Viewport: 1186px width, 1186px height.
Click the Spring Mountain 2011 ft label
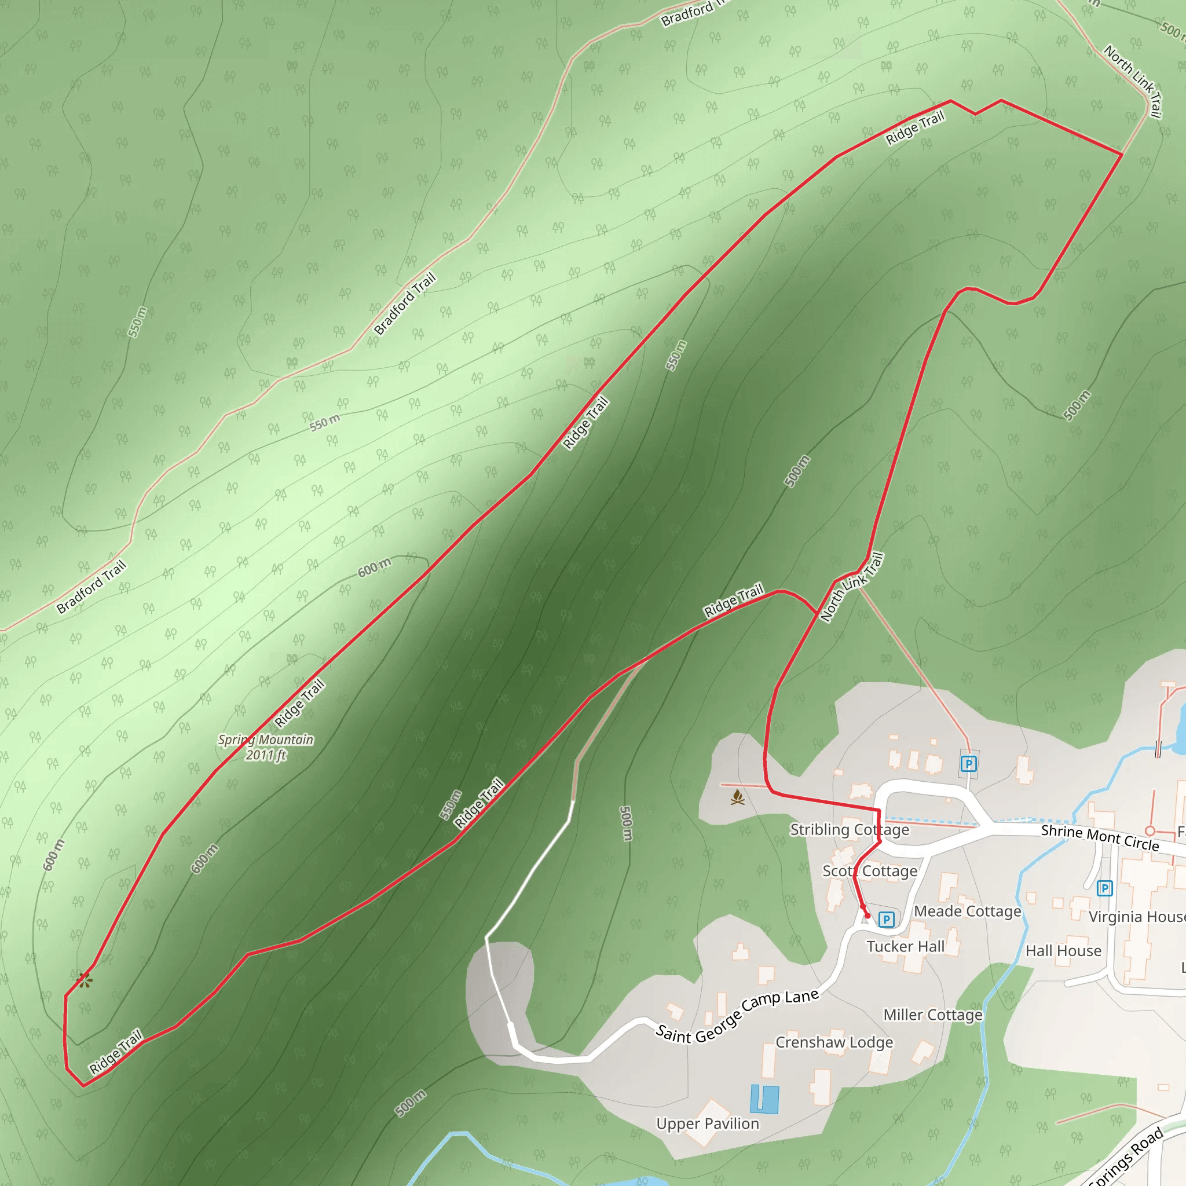(x=266, y=747)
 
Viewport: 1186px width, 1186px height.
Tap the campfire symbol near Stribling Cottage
(x=738, y=798)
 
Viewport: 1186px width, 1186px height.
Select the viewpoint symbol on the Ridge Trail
(x=85, y=980)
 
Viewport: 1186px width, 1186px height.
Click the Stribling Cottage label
(x=850, y=830)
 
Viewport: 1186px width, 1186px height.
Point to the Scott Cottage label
(x=870, y=871)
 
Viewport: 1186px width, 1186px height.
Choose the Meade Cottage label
(x=968, y=912)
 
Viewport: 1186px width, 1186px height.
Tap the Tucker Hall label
(x=906, y=947)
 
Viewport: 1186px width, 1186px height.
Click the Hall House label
(x=1063, y=951)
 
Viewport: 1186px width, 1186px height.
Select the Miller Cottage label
(x=933, y=1015)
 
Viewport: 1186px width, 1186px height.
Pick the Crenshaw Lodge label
(x=834, y=1042)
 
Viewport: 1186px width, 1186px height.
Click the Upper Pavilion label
(x=708, y=1124)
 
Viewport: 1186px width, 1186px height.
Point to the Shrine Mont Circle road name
(x=1100, y=838)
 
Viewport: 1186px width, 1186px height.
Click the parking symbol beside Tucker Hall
(x=886, y=919)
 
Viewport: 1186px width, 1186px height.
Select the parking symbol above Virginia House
(x=1104, y=888)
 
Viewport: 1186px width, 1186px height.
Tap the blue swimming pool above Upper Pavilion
(x=765, y=1099)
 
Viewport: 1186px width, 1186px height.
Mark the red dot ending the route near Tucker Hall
(x=867, y=916)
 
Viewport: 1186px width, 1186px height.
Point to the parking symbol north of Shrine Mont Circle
(x=968, y=764)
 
